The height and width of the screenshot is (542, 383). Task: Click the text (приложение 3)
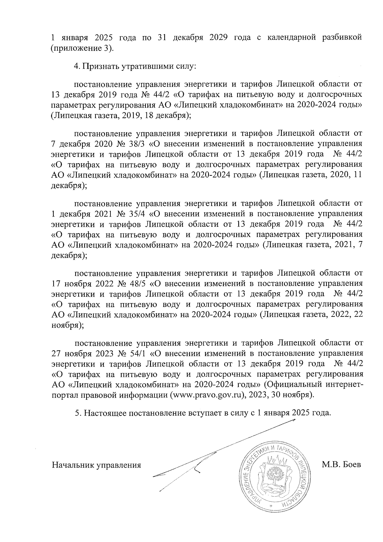pos(82,48)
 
